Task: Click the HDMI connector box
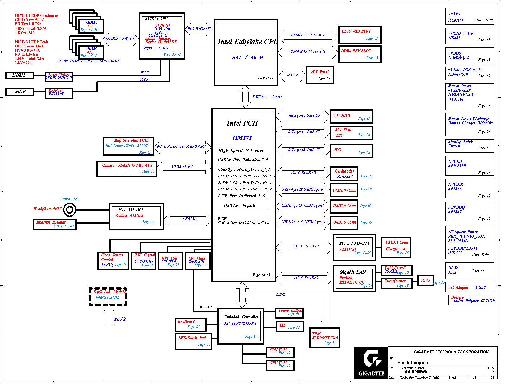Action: pos(20,76)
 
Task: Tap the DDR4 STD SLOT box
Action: pos(360,35)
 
